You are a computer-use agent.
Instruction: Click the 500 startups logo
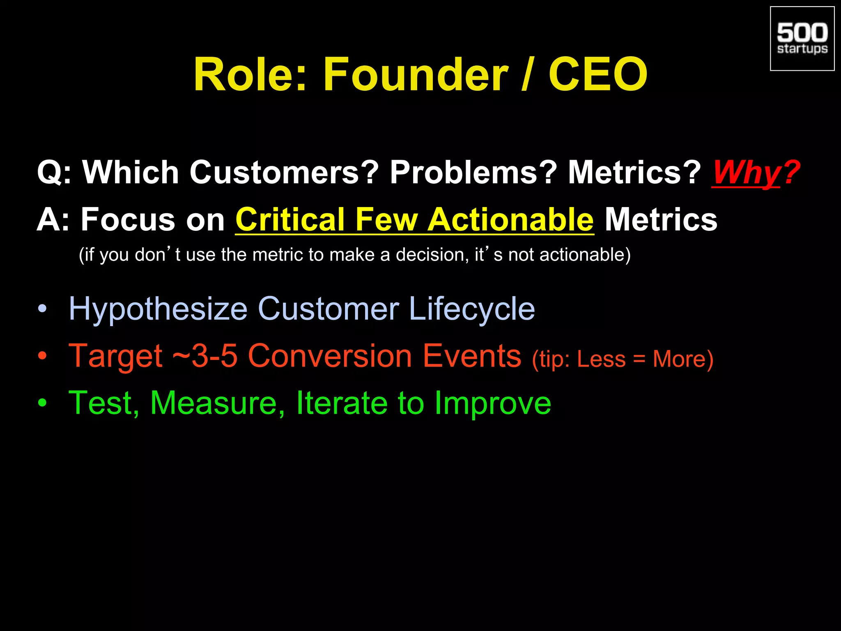pyautogui.click(x=802, y=39)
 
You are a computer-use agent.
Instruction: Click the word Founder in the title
pyautogui.click(x=415, y=75)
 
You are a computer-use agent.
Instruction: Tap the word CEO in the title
pyautogui.click(x=598, y=75)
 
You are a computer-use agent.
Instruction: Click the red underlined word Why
pyautogui.click(x=746, y=173)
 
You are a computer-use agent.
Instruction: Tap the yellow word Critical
pyautogui.click(x=290, y=220)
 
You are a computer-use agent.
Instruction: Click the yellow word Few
pyautogui.click(x=386, y=220)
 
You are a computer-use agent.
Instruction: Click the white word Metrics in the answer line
pyautogui.click(x=661, y=220)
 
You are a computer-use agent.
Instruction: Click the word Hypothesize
pyautogui.click(x=158, y=309)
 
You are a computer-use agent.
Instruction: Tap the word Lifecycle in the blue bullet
pyautogui.click(x=472, y=309)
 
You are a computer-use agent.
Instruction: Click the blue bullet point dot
pyautogui.click(x=42, y=309)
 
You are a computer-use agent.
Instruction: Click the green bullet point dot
pyautogui.click(x=42, y=403)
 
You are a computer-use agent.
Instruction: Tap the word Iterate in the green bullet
pyautogui.click(x=341, y=403)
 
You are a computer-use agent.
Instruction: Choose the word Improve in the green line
pyautogui.click(x=493, y=404)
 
